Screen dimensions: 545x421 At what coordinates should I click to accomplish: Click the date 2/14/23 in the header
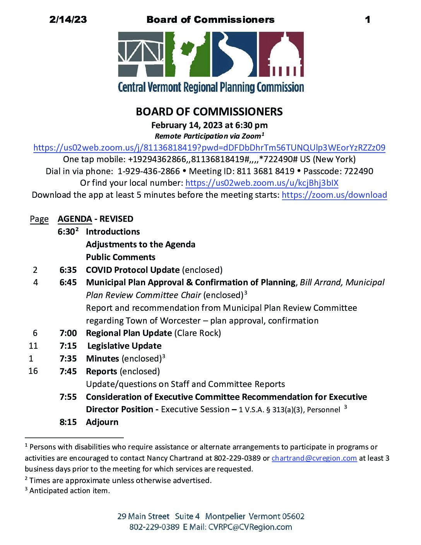coord(68,19)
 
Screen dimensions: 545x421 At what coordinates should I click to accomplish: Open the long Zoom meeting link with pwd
coord(209,147)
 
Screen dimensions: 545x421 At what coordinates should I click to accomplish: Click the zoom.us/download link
coord(334,195)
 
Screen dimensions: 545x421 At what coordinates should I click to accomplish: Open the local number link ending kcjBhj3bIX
coord(262,183)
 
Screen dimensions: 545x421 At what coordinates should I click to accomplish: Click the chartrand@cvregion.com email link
coord(314,458)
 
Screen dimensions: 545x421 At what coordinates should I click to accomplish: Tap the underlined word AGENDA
coord(75,219)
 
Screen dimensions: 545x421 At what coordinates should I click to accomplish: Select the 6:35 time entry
coord(68,270)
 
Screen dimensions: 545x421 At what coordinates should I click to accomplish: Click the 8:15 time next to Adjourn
coord(68,422)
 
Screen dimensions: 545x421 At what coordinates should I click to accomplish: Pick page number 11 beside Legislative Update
coord(33,346)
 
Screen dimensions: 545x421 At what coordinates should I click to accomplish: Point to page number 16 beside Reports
coord(33,371)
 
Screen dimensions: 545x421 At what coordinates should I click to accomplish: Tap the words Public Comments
coord(121,257)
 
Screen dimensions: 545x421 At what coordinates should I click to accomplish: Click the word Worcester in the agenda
coord(180,320)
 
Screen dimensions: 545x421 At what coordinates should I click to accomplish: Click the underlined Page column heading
coord(39,219)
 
